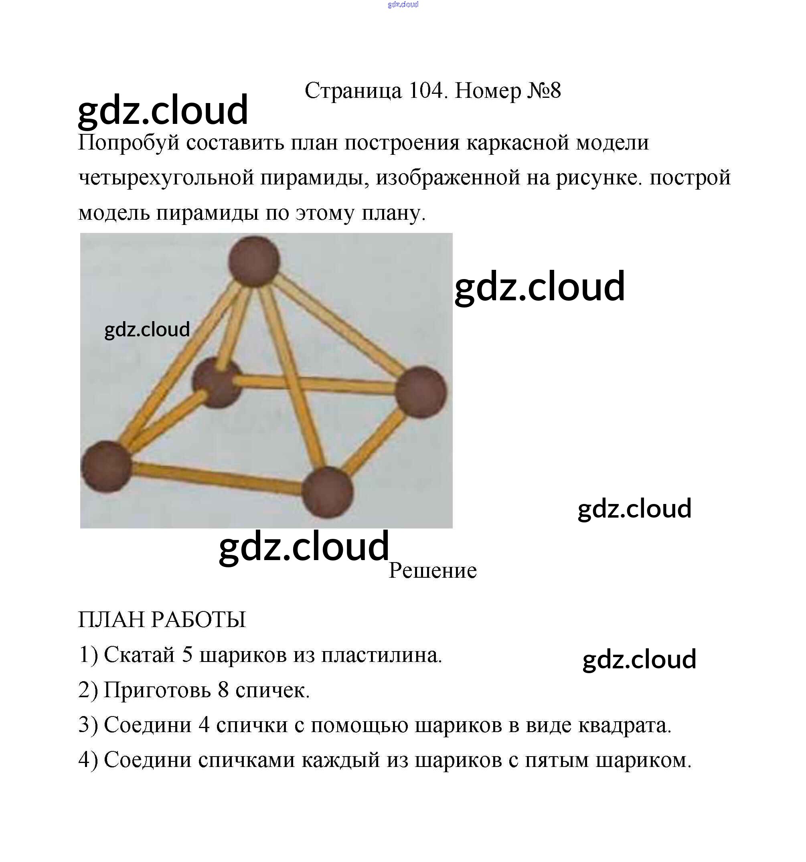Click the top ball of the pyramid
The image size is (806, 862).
click(255, 261)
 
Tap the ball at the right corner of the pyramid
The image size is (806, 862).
click(421, 392)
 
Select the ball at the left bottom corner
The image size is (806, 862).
click(106, 466)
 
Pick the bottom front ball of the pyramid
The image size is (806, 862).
click(328, 492)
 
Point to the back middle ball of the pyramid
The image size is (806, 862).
click(217, 382)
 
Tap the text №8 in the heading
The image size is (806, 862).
click(544, 91)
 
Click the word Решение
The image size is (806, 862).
click(432, 571)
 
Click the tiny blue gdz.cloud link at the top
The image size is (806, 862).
click(403, 5)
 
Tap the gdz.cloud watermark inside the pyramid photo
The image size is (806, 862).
click(147, 330)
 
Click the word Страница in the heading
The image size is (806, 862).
click(353, 91)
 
